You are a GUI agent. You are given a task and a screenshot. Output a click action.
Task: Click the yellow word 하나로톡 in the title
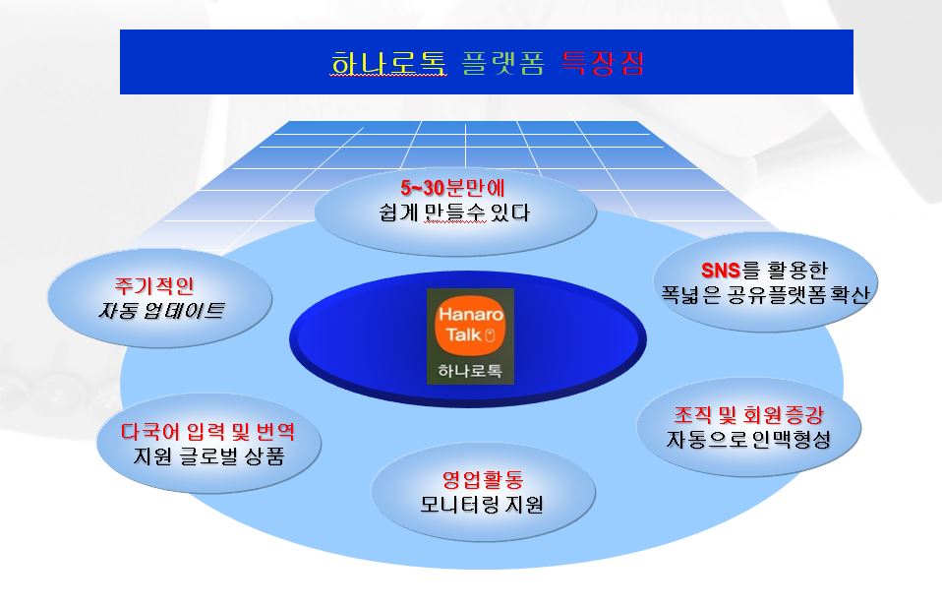[x=388, y=63]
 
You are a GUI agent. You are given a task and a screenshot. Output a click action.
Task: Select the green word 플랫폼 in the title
[x=502, y=63]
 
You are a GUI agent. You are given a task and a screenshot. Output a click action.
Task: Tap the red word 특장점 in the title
[x=603, y=63]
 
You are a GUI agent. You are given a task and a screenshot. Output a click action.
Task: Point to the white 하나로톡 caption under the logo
[x=470, y=370]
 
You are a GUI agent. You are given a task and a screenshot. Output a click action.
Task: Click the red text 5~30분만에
[x=452, y=188]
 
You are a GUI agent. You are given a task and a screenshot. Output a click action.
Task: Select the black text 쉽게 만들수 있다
[x=454, y=212]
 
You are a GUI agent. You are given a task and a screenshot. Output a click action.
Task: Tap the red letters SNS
[x=721, y=271]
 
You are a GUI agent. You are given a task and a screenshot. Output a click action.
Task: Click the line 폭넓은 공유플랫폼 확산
[x=765, y=294]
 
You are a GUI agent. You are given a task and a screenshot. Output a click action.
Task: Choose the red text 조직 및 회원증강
[x=748, y=415]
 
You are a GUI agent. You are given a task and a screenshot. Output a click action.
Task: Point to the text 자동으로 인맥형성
[x=748, y=440]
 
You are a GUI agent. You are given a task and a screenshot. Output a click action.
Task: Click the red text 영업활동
[x=483, y=479]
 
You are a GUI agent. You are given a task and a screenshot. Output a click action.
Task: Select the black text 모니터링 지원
[x=482, y=504]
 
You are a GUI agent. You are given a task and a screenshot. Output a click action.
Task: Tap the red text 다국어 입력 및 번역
[x=207, y=431]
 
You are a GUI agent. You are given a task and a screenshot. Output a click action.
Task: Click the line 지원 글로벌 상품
[x=208, y=455]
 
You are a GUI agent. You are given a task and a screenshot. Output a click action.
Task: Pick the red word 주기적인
[x=154, y=285]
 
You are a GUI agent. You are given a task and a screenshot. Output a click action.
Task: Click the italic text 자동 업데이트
[x=161, y=310]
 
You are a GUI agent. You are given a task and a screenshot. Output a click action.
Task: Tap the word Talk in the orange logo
[x=463, y=334]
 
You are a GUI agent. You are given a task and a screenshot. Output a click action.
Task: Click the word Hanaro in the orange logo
[x=470, y=314]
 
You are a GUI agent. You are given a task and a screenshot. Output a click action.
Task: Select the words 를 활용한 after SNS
[x=784, y=271]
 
